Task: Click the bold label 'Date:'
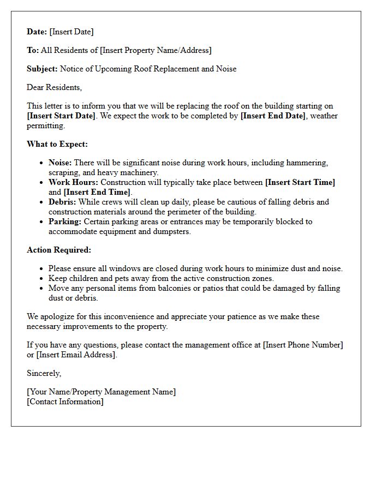tap(37, 32)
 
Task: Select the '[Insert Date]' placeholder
tap(71, 32)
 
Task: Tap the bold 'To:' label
tap(33, 50)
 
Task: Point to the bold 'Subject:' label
tap(42, 69)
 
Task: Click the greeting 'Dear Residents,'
tap(54, 87)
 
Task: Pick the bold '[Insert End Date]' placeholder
tap(273, 116)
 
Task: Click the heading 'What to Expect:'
tap(57, 144)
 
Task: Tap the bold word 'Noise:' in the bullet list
tap(60, 163)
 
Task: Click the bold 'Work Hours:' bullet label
tap(73, 182)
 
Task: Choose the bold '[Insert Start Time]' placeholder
tap(300, 182)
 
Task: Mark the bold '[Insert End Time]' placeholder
tap(97, 192)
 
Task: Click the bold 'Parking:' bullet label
tap(65, 221)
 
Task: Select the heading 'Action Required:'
tap(59, 250)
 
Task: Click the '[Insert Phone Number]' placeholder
tap(303, 345)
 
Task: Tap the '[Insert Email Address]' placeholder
tap(76, 355)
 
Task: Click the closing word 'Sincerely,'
tap(44, 373)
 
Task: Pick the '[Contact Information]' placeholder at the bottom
tap(65, 402)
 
